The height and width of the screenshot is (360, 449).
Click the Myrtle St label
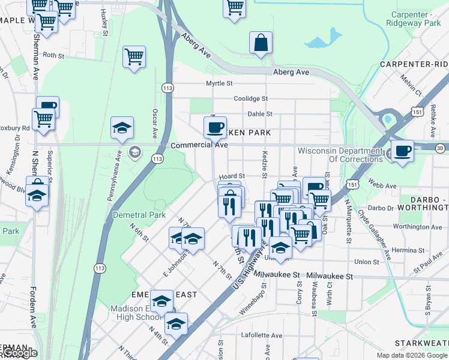click(219, 83)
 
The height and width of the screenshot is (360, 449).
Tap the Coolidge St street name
click(250, 98)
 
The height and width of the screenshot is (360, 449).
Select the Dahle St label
click(260, 113)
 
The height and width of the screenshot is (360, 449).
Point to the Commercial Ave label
click(199, 145)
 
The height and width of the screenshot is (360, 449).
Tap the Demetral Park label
click(139, 214)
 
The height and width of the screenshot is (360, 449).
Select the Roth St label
click(53, 55)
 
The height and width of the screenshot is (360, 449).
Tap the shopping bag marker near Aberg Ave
click(261, 43)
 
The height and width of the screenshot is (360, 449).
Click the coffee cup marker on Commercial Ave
click(215, 127)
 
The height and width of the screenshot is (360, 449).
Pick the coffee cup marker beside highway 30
click(402, 150)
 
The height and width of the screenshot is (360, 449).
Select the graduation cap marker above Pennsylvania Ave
click(122, 128)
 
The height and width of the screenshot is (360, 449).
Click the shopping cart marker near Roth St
click(134, 58)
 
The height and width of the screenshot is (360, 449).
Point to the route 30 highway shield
click(440, 148)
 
